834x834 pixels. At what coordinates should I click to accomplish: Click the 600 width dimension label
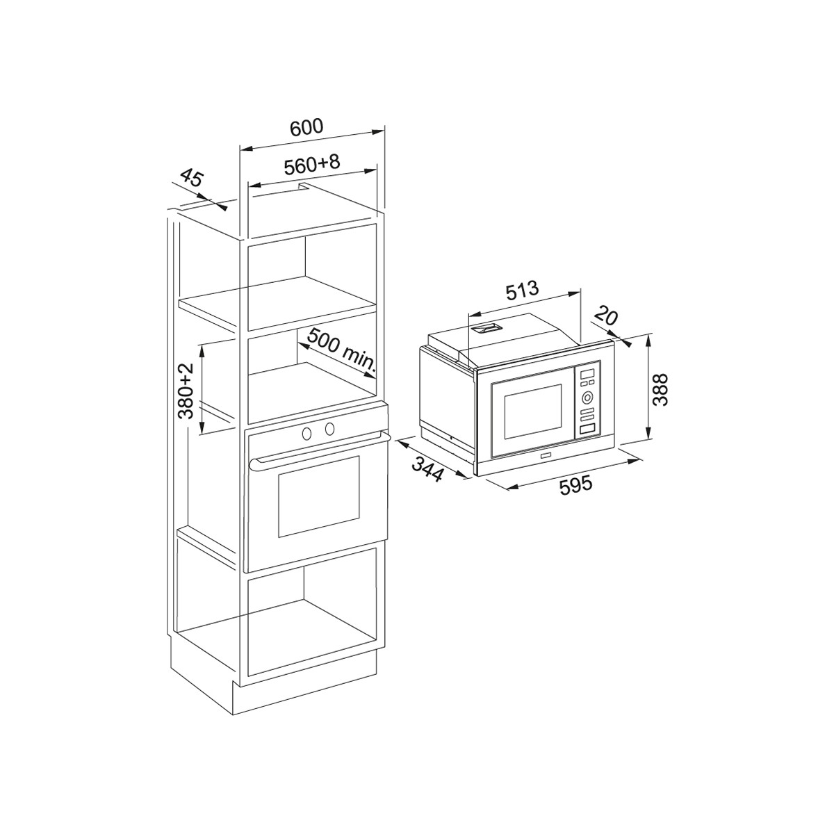click(306, 127)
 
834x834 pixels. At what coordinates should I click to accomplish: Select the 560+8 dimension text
click(311, 165)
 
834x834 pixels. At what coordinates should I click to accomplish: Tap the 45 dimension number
click(190, 178)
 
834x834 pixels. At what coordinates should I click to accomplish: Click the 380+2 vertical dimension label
click(185, 391)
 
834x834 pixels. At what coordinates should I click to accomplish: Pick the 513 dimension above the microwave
click(521, 290)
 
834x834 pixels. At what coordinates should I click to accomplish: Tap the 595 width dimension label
click(576, 484)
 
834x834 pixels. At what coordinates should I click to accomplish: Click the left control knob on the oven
click(306, 432)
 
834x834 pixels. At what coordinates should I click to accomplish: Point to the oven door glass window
click(318, 496)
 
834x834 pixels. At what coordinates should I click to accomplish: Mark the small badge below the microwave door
click(544, 456)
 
